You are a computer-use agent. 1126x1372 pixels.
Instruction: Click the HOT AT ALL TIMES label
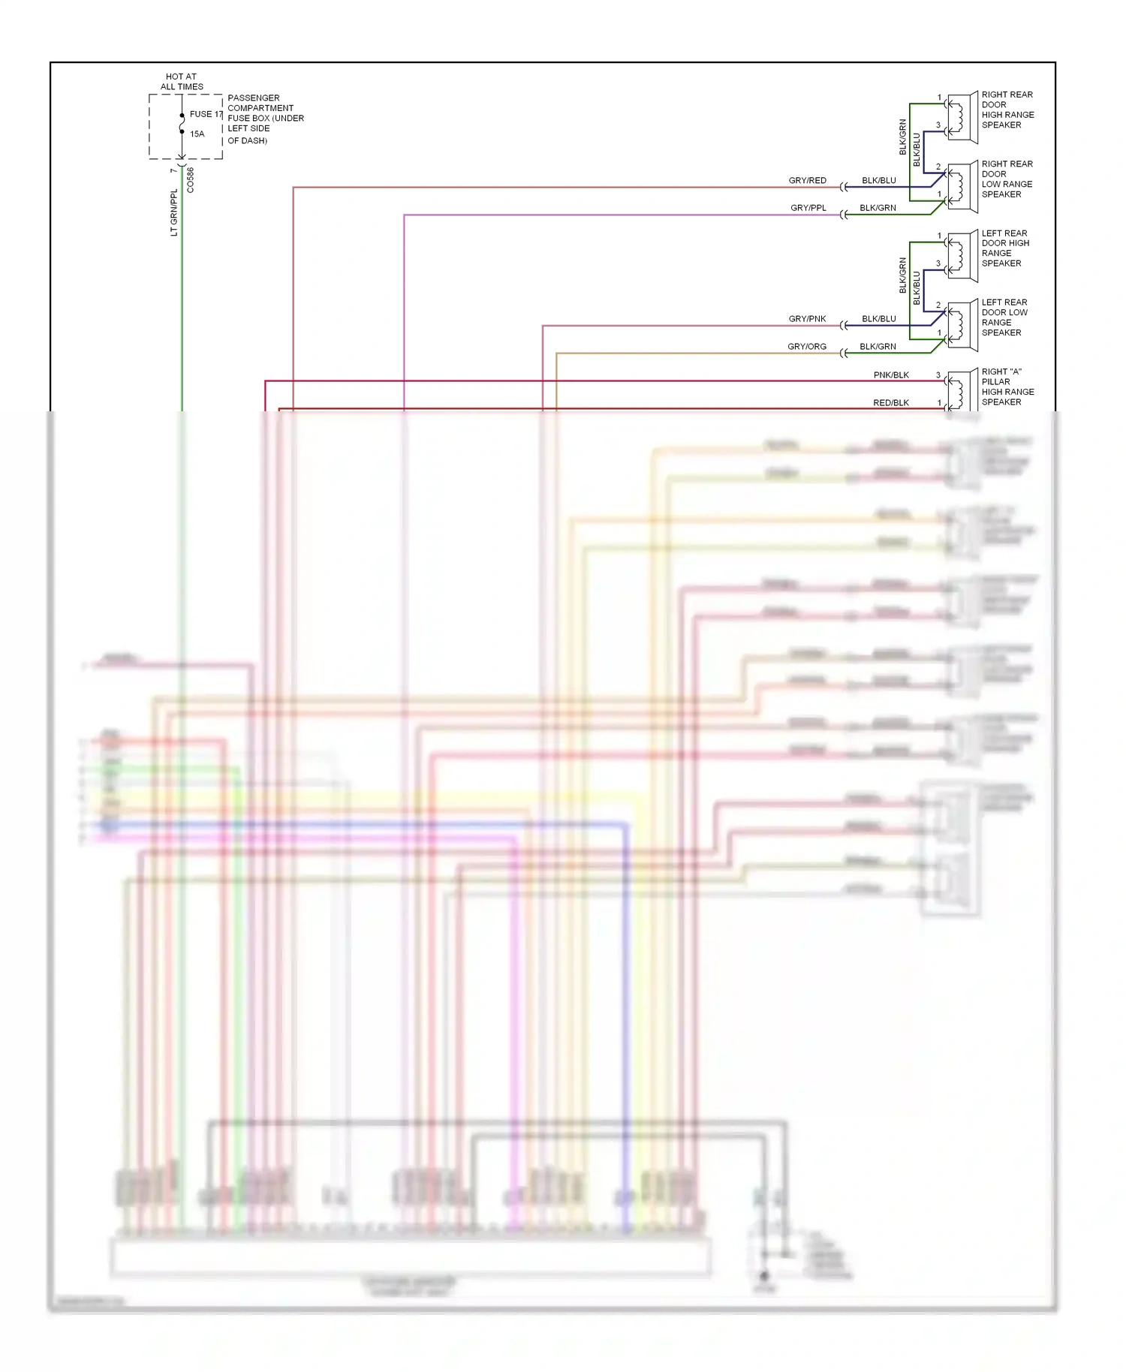pyautogui.click(x=181, y=81)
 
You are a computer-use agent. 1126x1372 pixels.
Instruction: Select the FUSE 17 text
pyautogui.click(x=206, y=114)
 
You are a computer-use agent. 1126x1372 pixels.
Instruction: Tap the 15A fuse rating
pyautogui.click(x=197, y=134)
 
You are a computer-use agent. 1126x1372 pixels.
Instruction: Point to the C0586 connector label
pyautogui.click(x=191, y=180)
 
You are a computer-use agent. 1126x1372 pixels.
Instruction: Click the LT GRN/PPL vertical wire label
pyautogui.click(x=174, y=212)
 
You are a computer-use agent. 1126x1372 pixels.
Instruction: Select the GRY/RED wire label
pyautogui.click(x=807, y=181)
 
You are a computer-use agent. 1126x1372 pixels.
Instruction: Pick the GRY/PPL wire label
pyautogui.click(x=808, y=208)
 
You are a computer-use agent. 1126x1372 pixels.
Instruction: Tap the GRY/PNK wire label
pyautogui.click(x=807, y=319)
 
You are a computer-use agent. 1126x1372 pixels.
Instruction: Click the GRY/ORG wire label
pyautogui.click(x=806, y=347)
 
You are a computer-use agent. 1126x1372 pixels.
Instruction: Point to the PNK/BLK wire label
pyautogui.click(x=891, y=375)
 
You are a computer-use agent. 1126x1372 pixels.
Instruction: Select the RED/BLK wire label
pyautogui.click(x=890, y=403)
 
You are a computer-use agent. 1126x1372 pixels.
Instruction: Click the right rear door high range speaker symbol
pyautogui.click(x=962, y=116)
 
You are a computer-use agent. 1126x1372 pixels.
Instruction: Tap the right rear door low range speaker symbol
pyautogui.click(x=962, y=185)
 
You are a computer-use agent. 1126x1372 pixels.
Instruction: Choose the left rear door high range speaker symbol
pyautogui.click(x=962, y=255)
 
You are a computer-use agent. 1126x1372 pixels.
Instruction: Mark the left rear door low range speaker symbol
pyautogui.click(x=962, y=324)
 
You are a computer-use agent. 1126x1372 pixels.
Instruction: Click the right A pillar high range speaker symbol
pyautogui.click(x=962, y=390)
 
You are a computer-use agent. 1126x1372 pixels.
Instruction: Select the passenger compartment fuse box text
pyautogui.click(x=265, y=119)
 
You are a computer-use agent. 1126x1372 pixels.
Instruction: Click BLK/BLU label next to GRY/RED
pyautogui.click(x=878, y=181)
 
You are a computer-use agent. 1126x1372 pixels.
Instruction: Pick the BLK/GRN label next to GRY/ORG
pyautogui.click(x=878, y=347)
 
